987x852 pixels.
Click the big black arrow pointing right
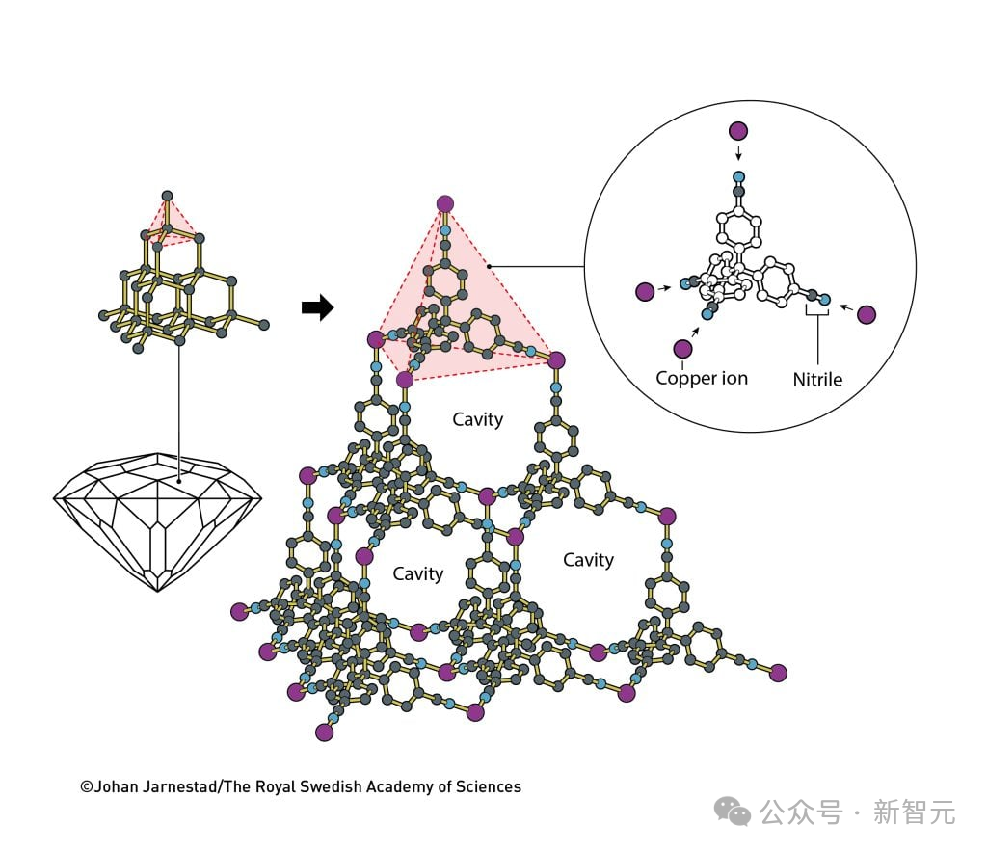[x=318, y=307]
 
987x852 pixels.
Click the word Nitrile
[x=817, y=380]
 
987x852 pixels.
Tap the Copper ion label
[x=702, y=378]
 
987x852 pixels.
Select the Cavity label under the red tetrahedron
[x=478, y=419]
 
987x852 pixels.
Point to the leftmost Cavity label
[x=418, y=573]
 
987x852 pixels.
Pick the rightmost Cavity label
[x=588, y=560]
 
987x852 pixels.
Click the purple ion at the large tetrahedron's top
[x=445, y=204]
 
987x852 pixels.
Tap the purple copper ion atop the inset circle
[x=738, y=131]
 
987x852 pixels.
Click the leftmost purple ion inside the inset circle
[x=645, y=292]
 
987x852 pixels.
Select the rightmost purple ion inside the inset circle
[x=867, y=314]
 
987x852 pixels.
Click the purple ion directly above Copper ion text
[x=683, y=349]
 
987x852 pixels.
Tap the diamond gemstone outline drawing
[x=157, y=522]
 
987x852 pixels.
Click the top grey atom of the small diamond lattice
[x=167, y=196]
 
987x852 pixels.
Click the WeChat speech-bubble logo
[x=733, y=812]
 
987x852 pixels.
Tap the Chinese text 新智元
[x=914, y=812]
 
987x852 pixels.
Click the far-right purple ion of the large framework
[x=779, y=673]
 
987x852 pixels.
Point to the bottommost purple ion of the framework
[x=324, y=732]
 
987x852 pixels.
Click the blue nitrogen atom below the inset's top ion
[x=739, y=177]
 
